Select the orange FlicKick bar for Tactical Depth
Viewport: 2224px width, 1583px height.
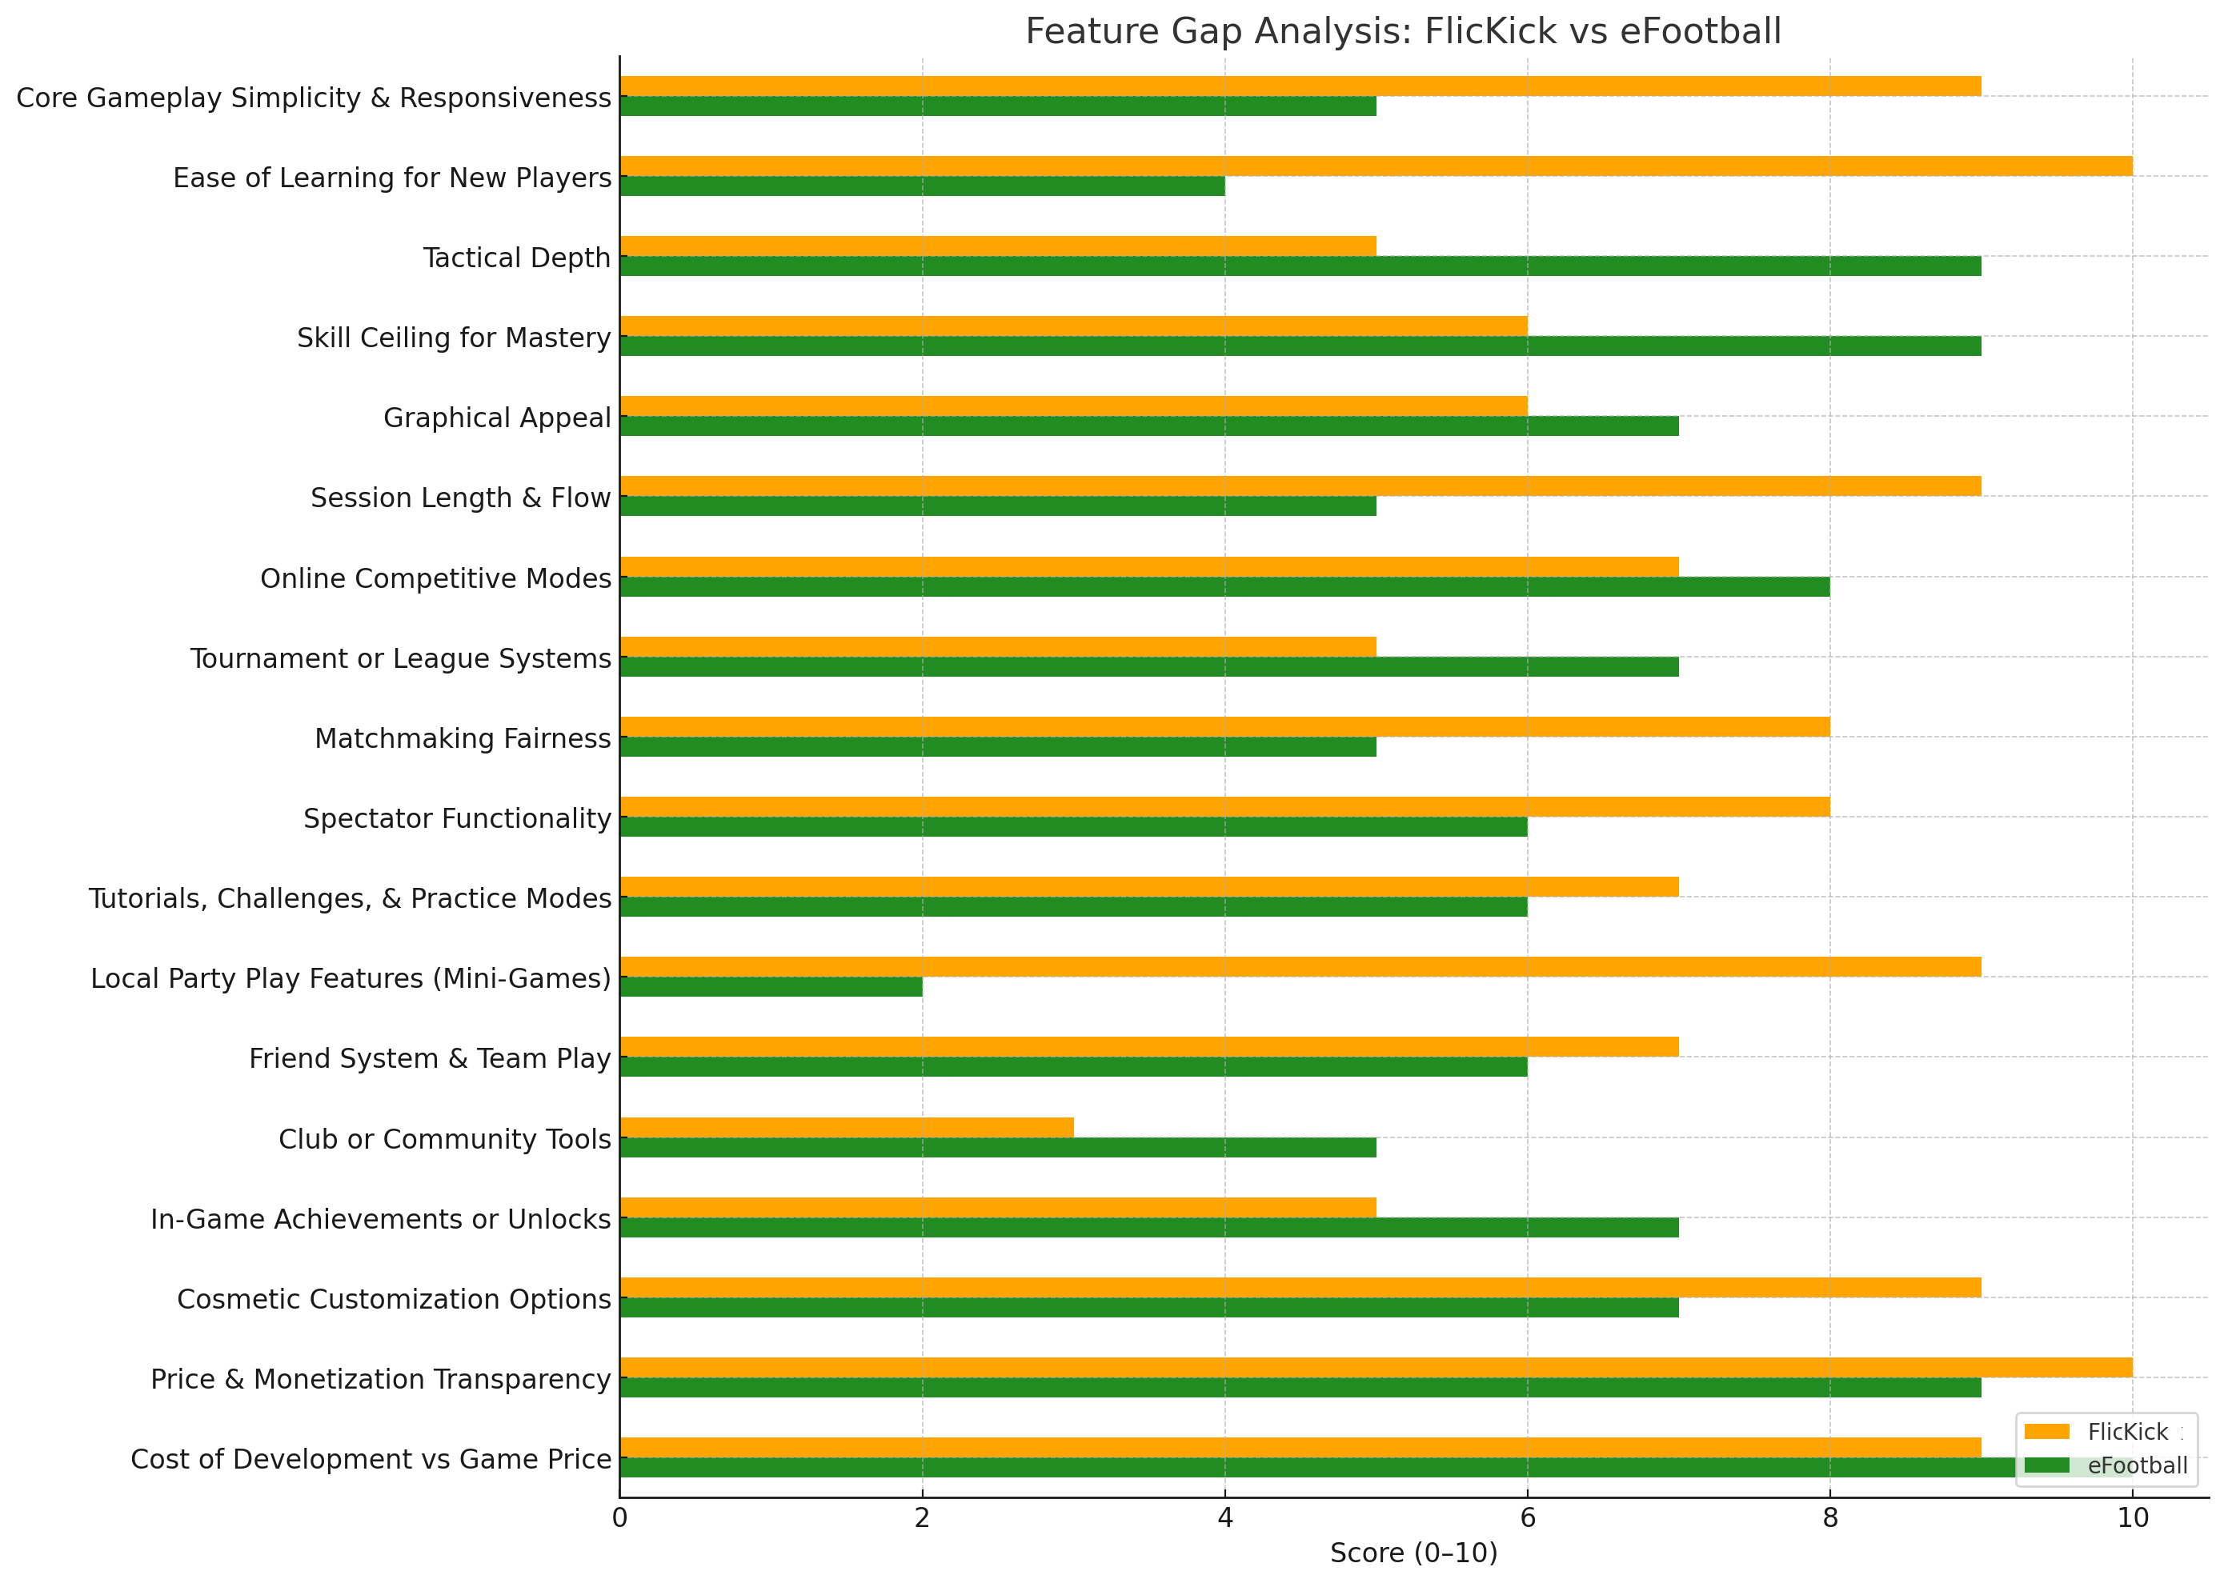(x=997, y=246)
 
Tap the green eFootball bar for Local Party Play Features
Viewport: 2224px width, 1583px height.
(x=770, y=986)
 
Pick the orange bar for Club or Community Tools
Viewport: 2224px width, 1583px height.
(x=847, y=1127)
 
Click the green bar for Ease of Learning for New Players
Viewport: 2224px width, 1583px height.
(x=921, y=186)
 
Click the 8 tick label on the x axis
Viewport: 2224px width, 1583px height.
(x=1829, y=1517)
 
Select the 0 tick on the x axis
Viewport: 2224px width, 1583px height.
(x=619, y=1517)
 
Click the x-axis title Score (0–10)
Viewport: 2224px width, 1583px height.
(x=1413, y=1553)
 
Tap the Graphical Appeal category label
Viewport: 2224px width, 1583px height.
(x=496, y=418)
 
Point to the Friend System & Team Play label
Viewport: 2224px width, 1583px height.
(x=429, y=1057)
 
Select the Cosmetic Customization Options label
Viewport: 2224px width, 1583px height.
(x=393, y=1298)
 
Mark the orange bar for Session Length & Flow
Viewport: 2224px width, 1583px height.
(x=1300, y=486)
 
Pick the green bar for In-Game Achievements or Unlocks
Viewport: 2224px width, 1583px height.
(x=1148, y=1227)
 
